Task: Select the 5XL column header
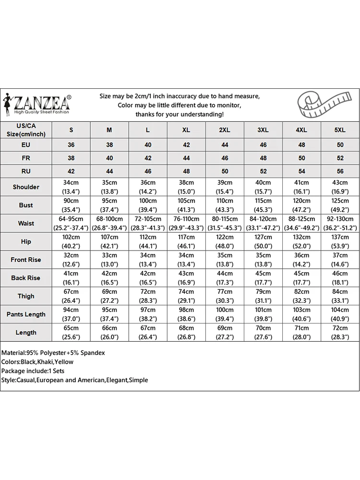tap(340, 130)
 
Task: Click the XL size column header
tap(186, 130)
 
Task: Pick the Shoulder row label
tap(26, 187)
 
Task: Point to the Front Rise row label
tap(26, 260)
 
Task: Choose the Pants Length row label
tap(26, 314)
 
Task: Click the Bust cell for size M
tap(109, 205)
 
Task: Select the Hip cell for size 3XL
tap(263, 241)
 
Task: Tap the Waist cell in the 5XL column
tap(340, 223)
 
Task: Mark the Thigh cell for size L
tap(148, 296)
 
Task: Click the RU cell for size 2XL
tap(225, 171)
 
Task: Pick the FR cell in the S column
tap(71, 158)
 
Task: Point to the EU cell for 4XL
tap(301, 144)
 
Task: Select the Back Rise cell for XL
tap(186, 278)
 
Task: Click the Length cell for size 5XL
tap(340, 333)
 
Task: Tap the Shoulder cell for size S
tap(71, 187)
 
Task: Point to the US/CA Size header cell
tap(26, 130)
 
